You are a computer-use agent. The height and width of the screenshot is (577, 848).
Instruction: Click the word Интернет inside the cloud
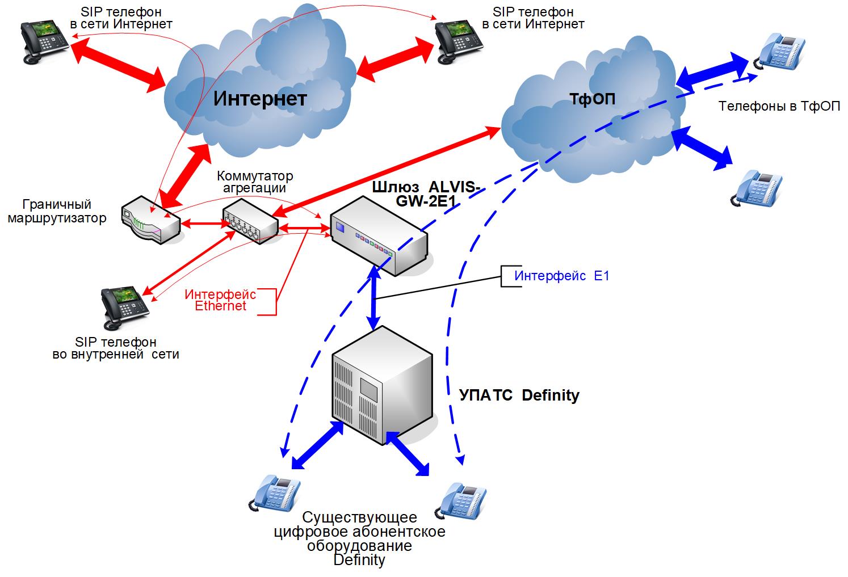[x=260, y=99]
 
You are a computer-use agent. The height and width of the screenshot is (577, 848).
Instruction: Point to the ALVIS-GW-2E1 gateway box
[x=379, y=234]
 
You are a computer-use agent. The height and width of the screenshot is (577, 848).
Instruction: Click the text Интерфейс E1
[x=561, y=276]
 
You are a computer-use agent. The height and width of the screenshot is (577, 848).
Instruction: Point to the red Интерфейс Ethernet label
[x=220, y=300]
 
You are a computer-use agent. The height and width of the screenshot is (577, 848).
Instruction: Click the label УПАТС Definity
[x=519, y=395]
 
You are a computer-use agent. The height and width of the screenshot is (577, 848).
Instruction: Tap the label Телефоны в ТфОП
[x=779, y=106]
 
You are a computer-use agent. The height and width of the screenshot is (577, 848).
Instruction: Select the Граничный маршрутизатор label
[x=57, y=212]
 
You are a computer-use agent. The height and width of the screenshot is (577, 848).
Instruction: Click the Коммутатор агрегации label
[x=255, y=182]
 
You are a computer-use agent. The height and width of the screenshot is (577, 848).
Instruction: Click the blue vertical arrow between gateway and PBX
[x=374, y=298]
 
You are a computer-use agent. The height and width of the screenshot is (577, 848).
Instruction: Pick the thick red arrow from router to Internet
[x=184, y=174]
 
